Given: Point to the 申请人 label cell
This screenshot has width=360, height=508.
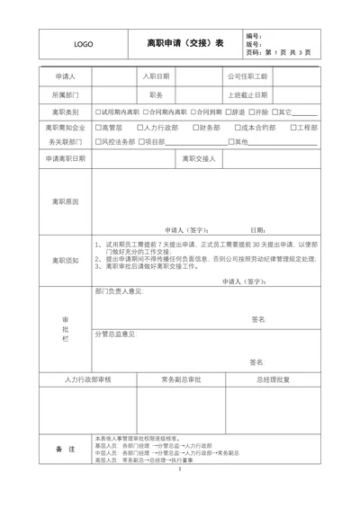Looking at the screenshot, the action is pyautogui.click(x=65, y=77).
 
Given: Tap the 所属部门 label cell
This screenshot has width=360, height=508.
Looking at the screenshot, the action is pyautogui.click(x=65, y=94).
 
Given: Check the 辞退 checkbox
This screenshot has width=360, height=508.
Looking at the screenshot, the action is pyautogui.click(x=232, y=112).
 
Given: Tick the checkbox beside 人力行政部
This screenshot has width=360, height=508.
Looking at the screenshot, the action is pyautogui.click(x=139, y=128).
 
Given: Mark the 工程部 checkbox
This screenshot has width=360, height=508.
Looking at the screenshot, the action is pyautogui.click(x=290, y=128).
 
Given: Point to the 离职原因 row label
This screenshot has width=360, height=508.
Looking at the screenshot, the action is pyautogui.click(x=65, y=201).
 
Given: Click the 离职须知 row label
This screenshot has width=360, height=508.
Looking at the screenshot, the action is pyautogui.click(x=65, y=260).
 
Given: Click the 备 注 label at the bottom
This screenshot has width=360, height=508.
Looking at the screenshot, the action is pyautogui.click(x=65, y=448).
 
